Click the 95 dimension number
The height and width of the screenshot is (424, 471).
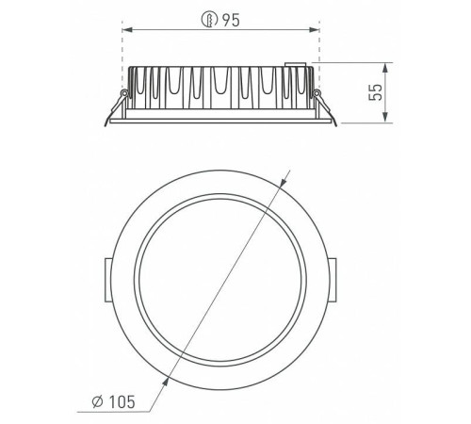pyautogui.click(x=231, y=20)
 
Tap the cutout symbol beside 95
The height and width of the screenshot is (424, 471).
pyautogui.click(x=209, y=20)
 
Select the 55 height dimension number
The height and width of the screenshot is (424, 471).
pyautogui.click(x=376, y=91)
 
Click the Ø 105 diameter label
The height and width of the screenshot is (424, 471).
pyautogui.click(x=114, y=401)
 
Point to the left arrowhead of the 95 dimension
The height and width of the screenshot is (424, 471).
pyautogui.click(x=126, y=30)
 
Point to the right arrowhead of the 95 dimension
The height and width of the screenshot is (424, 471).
pyautogui.click(x=315, y=30)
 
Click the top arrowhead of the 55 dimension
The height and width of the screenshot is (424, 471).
pyautogui.click(x=385, y=68)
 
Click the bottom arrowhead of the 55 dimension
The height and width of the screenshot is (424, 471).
pyautogui.click(x=385, y=118)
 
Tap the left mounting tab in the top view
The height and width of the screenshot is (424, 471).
pyautogui.click(x=107, y=280)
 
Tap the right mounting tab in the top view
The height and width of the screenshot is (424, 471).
pyautogui.click(x=333, y=280)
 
